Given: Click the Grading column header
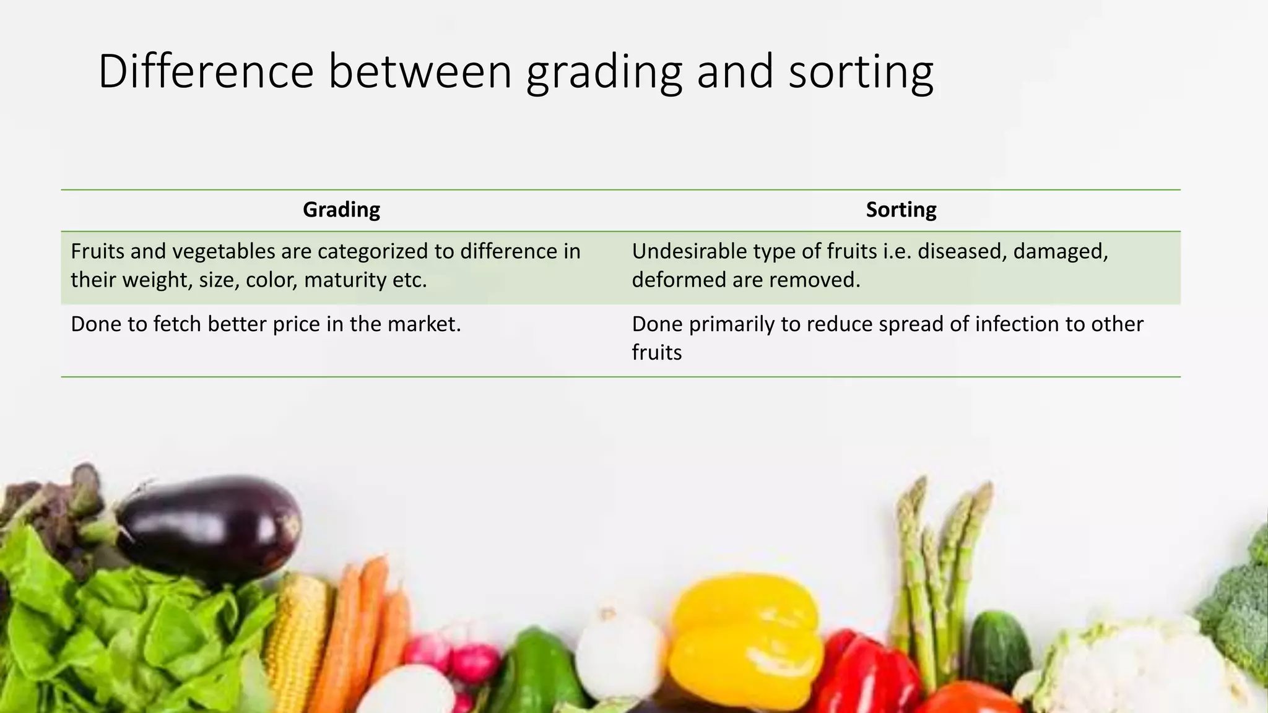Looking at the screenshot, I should coord(341,210).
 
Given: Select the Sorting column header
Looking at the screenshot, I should coord(901,210).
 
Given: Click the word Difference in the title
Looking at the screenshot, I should coord(206,72).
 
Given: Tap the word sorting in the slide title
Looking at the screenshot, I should coord(861,72).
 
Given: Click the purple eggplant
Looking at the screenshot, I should coord(214,526).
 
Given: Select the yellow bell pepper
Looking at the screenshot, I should coord(746,637).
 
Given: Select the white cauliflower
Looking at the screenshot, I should coord(1133,668).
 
